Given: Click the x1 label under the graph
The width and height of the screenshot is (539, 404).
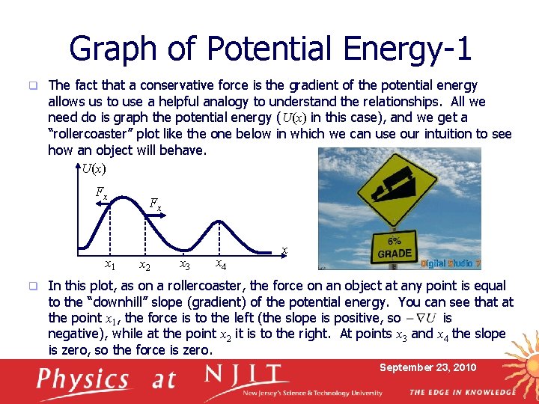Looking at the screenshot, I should (109, 264).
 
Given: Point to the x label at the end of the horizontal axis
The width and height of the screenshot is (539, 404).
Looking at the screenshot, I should (284, 250).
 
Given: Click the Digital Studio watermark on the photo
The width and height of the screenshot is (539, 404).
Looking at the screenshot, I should (451, 263).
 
